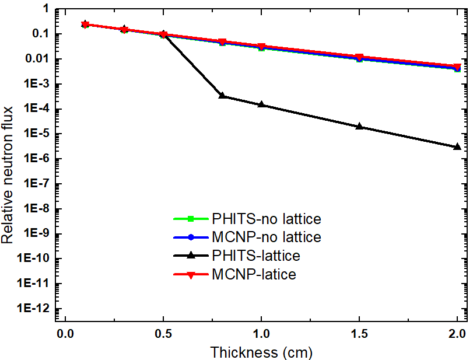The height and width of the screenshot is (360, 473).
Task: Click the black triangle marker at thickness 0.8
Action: pyautogui.click(x=222, y=95)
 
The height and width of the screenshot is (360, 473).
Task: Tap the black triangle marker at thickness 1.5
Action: pyautogui.click(x=359, y=126)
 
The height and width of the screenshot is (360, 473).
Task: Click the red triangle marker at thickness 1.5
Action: pyautogui.click(x=359, y=58)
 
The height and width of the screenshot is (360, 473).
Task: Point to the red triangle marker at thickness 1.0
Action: pyautogui.click(x=261, y=47)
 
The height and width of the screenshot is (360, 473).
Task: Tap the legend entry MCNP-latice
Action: pyautogui.click(x=254, y=274)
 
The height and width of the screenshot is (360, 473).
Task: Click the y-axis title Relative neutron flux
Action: pyautogui.click(x=8, y=170)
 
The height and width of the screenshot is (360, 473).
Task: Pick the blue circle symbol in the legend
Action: pyautogui.click(x=191, y=238)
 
